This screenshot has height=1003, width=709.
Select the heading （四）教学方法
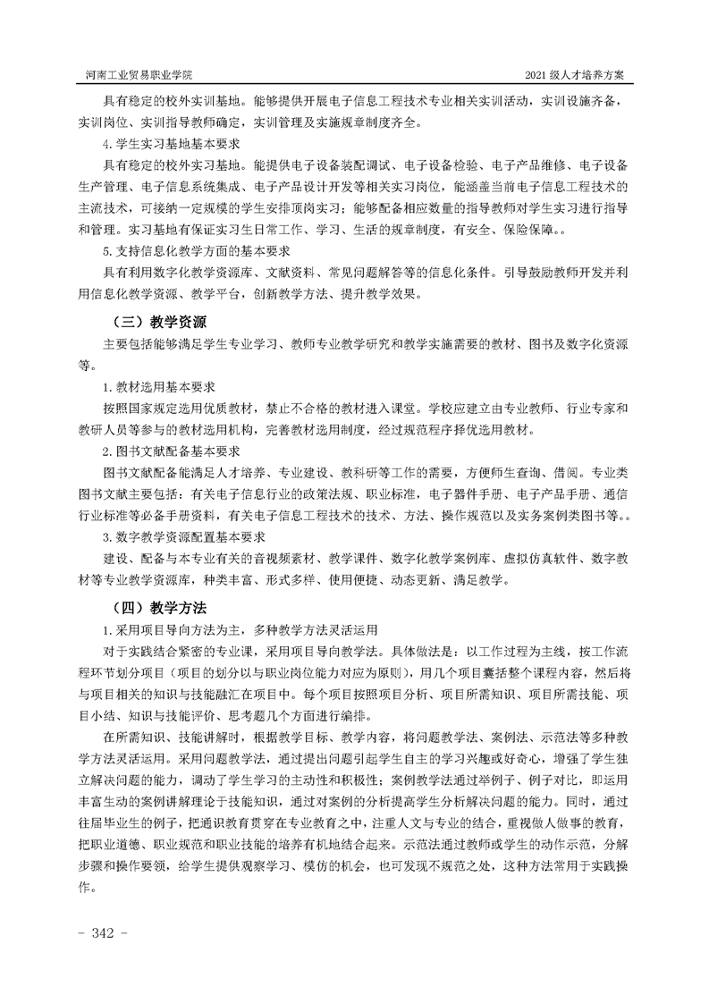156,607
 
